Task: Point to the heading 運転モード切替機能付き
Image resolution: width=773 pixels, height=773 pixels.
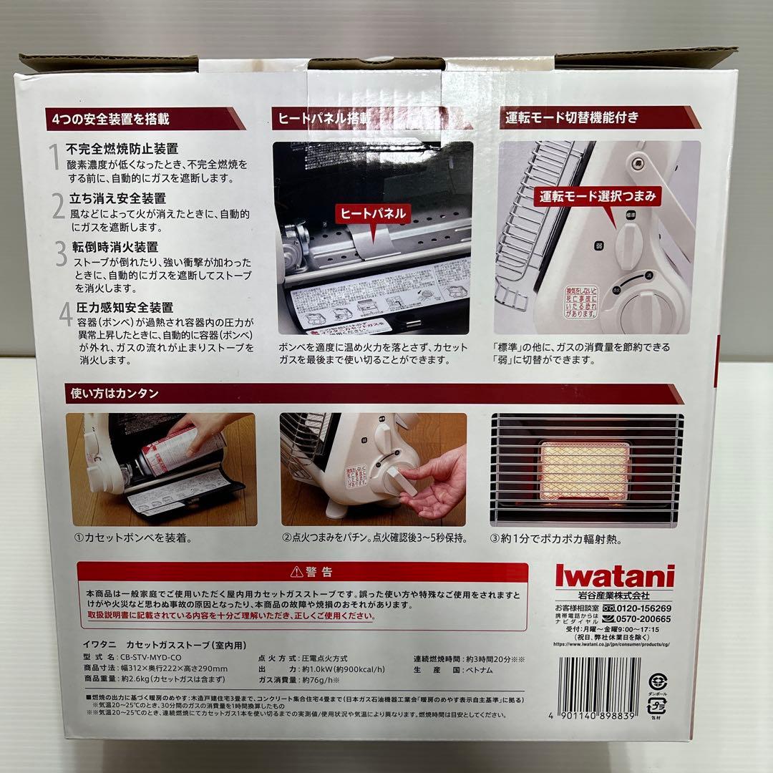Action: click(x=570, y=117)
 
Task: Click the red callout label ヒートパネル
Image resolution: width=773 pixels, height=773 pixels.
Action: click(x=372, y=213)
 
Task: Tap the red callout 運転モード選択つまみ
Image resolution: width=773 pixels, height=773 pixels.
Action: click(x=598, y=195)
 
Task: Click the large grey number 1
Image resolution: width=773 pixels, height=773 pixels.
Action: click(x=54, y=156)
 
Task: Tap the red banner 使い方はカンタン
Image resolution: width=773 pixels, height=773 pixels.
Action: click(x=115, y=393)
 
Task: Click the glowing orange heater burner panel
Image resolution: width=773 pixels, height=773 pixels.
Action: click(x=585, y=470)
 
